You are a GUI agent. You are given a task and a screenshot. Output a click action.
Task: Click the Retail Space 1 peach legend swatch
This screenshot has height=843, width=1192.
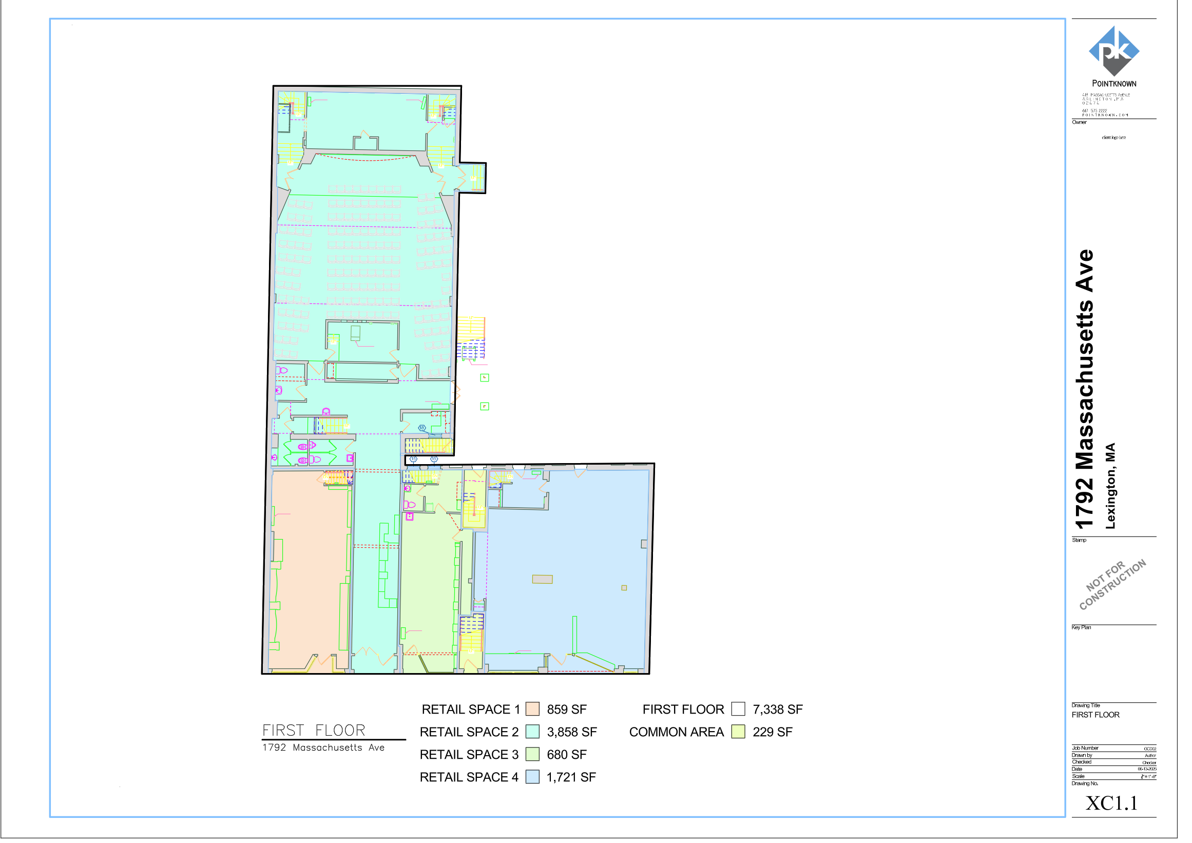pyautogui.click(x=539, y=717)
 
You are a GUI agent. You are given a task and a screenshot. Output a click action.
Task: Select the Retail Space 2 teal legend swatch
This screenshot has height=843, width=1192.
pyautogui.click(x=539, y=740)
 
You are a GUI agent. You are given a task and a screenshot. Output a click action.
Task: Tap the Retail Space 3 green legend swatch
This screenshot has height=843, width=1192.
pyautogui.click(x=539, y=763)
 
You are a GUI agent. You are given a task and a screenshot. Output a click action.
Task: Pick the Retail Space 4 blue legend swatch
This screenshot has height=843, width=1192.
pyautogui.click(x=539, y=786)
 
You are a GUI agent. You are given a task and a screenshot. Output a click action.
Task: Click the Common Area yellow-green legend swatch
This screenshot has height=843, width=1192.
pyautogui.click(x=746, y=740)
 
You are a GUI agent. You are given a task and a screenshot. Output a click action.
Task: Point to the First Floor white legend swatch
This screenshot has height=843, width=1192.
pyautogui.click(x=746, y=717)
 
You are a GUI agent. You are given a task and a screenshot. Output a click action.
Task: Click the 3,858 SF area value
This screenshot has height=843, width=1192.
pyautogui.click(x=579, y=741)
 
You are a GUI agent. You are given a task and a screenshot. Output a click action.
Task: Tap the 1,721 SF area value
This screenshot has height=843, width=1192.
pyautogui.click(x=578, y=787)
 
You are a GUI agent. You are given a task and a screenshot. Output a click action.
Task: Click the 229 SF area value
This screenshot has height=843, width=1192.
pyautogui.click(x=781, y=741)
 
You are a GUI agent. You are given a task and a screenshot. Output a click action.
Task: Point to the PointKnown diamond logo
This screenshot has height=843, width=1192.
pyautogui.click(x=1127, y=51)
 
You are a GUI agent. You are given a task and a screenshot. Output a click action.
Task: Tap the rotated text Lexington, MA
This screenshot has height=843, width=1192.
pyautogui.click(x=1122, y=491)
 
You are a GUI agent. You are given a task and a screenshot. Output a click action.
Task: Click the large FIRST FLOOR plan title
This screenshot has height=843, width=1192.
pyautogui.click(x=317, y=739)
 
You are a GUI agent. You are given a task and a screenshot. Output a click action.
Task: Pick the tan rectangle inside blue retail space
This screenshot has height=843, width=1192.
pyautogui.click(x=548, y=586)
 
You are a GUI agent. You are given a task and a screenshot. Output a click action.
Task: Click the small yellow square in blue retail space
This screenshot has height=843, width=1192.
pyautogui.click(x=631, y=595)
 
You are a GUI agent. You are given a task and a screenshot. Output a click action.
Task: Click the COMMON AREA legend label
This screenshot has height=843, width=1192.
pyautogui.click(x=684, y=741)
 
